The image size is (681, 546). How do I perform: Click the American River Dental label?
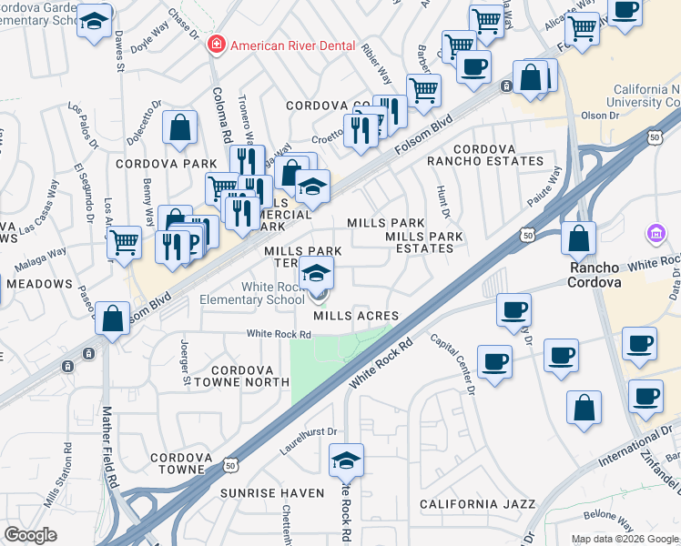(x=290, y=45)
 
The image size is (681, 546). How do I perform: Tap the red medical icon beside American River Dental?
(x=217, y=44)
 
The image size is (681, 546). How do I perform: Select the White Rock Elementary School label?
(x=260, y=293)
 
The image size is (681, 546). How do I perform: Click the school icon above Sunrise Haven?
(x=346, y=461)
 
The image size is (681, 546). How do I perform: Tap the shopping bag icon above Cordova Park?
(x=179, y=127)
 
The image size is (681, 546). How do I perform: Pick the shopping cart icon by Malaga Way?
(x=124, y=243)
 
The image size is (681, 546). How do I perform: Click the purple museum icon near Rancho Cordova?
(x=655, y=235)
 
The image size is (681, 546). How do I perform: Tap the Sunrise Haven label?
(x=271, y=492)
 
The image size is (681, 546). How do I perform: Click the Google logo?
(x=30, y=535)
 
